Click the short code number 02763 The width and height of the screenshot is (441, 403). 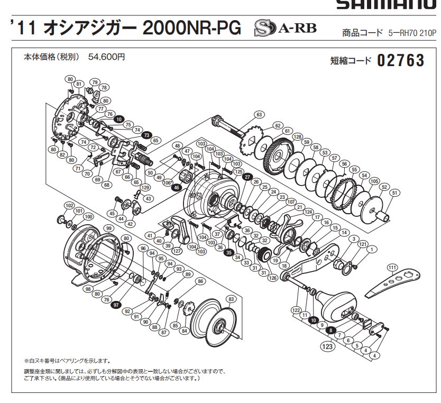pyautogui.click(x=401, y=61)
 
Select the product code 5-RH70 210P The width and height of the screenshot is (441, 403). pyautogui.click(x=411, y=33)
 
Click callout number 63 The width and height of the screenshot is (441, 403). pyautogui.click(x=259, y=114)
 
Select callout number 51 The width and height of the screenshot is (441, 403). pyautogui.click(x=393, y=193)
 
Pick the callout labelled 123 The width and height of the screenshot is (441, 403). pyautogui.click(x=327, y=346)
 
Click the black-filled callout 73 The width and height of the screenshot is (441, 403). pyautogui.click(x=146, y=135)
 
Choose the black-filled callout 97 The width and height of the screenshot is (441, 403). pyautogui.click(x=116, y=305)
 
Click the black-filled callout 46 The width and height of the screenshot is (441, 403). pyautogui.click(x=177, y=187)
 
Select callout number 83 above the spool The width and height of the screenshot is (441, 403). pyautogui.click(x=230, y=299)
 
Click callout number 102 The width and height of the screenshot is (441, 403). pyautogui.click(x=69, y=205)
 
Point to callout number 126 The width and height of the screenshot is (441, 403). pyautogui.click(x=273, y=278)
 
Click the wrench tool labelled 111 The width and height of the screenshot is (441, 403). pyautogui.click(x=394, y=281)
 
